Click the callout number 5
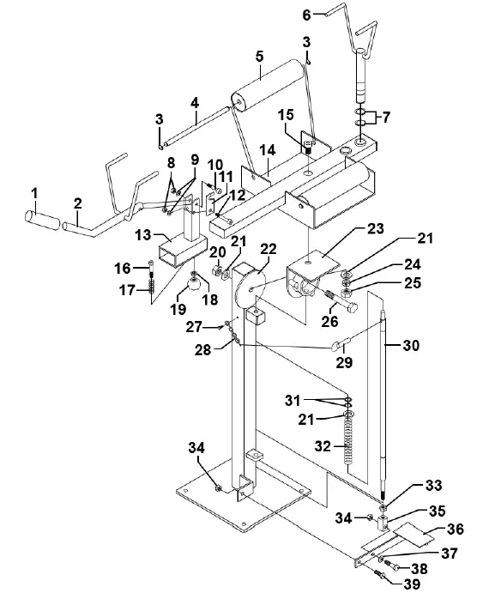259,57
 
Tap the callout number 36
455,529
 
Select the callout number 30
411,345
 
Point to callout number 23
375,228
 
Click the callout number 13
143,235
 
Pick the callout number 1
35,194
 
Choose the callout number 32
323,446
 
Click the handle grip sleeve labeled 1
41,221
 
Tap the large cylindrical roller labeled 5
267,85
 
